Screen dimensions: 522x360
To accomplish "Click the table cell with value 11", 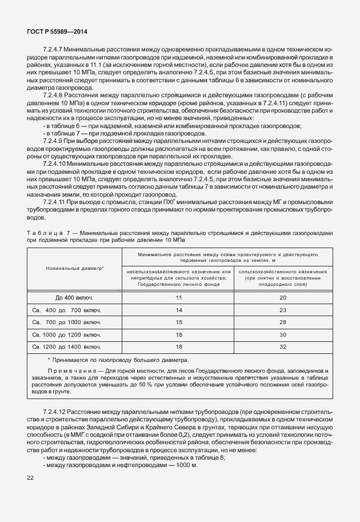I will pyautogui.click(x=179, y=298).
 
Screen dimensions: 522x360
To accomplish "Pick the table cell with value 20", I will pyautogui.click(x=282, y=298).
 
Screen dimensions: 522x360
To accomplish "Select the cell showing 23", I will pyautogui.click(x=282, y=310).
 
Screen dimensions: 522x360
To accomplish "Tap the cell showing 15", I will pyautogui.click(x=179, y=322).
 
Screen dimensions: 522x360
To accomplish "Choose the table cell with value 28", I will pyautogui.click(x=282, y=322).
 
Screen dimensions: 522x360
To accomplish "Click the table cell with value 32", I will pyautogui.click(x=282, y=346).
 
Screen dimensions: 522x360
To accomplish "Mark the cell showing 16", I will pyautogui.click(x=179, y=334).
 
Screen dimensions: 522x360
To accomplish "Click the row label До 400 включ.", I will pyautogui.click(x=74, y=298).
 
